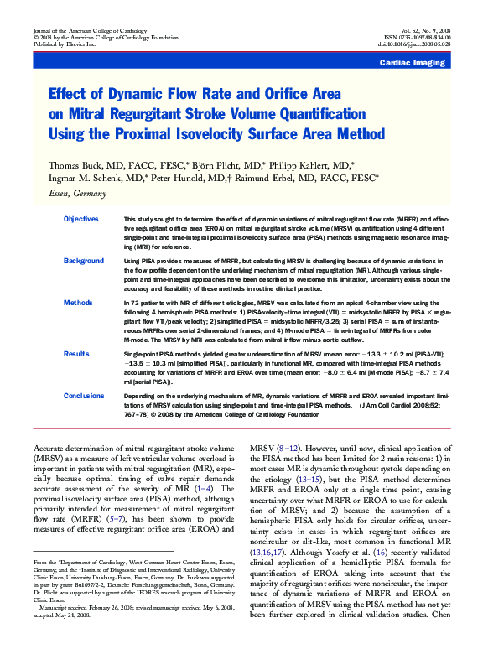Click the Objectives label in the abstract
click(x=81, y=219)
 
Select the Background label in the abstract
click(x=84, y=262)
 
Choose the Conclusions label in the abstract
click(x=84, y=395)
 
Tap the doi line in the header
click(x=426, y=44)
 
